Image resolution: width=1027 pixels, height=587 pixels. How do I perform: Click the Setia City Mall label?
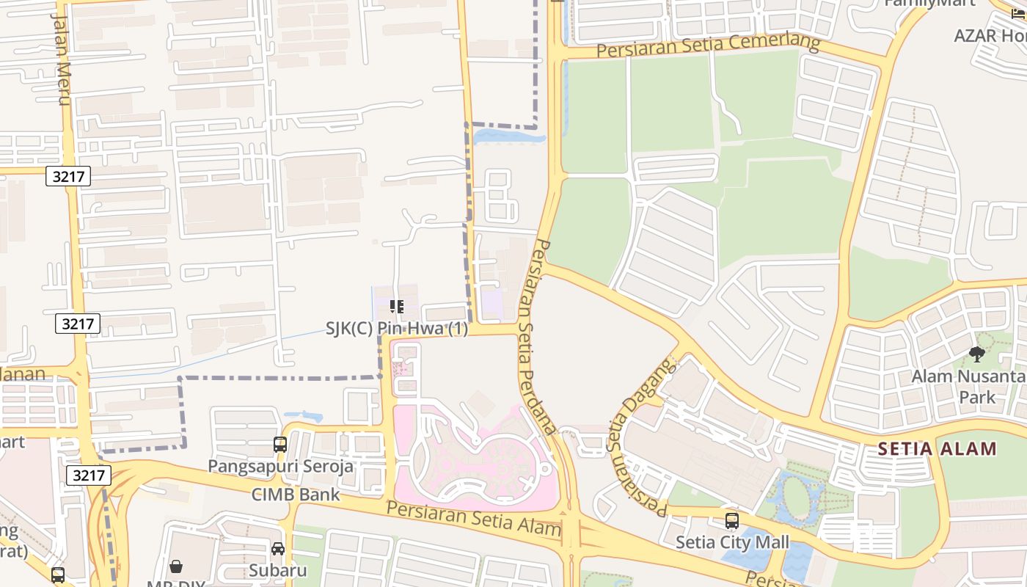[x=731, y=543]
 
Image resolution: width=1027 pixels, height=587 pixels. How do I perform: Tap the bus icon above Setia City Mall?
[x=731, y=521]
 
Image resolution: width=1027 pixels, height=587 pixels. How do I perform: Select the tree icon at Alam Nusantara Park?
[x=976, y=354]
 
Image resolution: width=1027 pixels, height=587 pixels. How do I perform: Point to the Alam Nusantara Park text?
[x=968, y=387]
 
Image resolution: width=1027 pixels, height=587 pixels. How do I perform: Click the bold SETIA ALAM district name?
[x=937, y=448]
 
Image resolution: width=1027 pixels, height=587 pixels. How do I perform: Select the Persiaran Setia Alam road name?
[x=473, y=518]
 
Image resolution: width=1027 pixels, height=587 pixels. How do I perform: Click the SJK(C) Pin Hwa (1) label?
[x=396, y=329]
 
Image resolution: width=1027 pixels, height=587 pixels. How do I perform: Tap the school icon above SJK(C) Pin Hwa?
[x=396, y=307]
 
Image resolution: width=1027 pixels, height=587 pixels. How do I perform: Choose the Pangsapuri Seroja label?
[x=280, y=466]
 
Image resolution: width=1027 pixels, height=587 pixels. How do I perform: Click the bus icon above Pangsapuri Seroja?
[x=280, y=444]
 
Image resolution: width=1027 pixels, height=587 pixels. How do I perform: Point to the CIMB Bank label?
[x=296, y=494]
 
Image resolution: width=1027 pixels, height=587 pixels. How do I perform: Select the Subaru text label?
[x=277, y=570]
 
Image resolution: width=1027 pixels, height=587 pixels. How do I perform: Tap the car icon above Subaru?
[x=278, y=549]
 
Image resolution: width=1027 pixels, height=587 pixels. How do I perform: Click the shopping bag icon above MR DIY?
[x=176, y=566]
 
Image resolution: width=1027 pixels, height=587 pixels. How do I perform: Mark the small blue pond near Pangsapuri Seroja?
[x=303, y=416]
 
